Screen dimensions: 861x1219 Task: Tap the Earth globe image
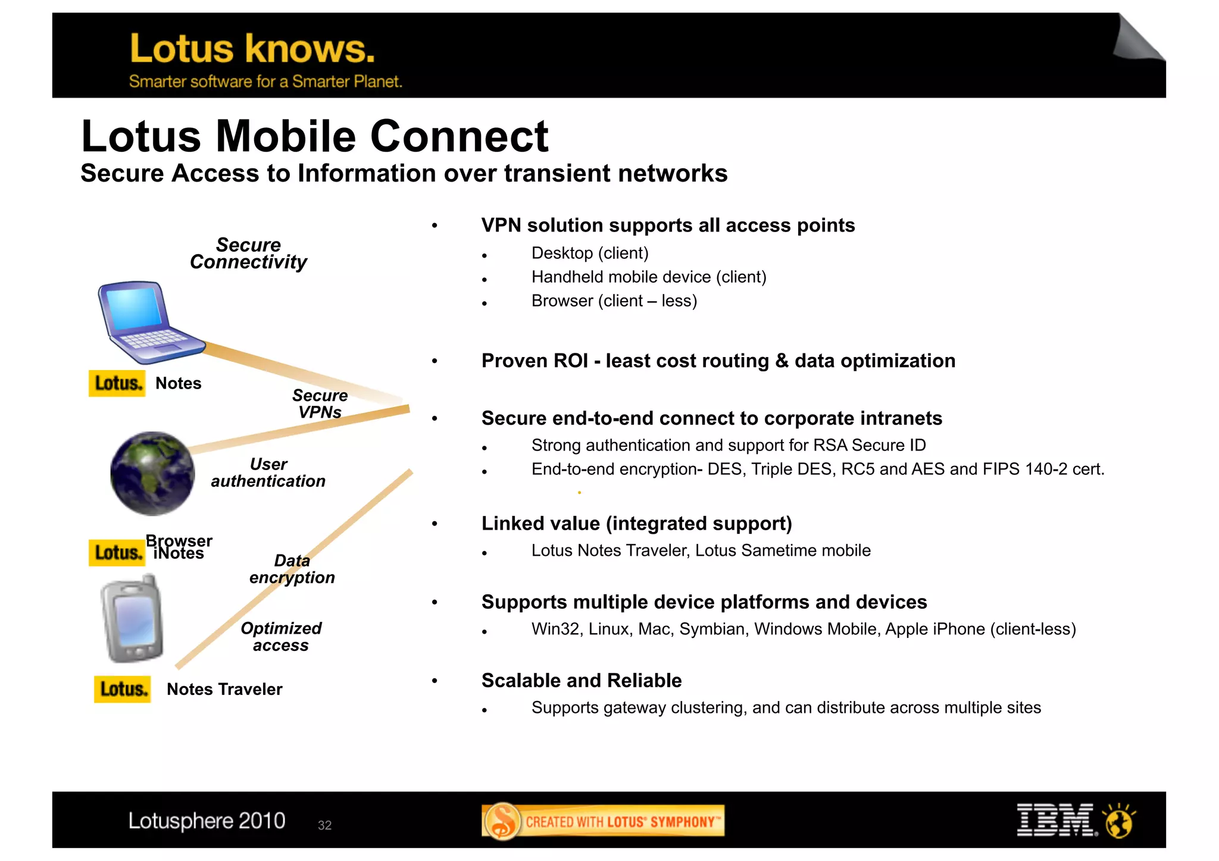click(153, 474)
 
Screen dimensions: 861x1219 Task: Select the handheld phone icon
click(133, 619)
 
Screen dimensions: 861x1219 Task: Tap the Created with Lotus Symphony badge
click(603, 821)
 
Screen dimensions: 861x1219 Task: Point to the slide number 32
click(324, 825)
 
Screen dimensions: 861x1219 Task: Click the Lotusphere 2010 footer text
click(207, 821)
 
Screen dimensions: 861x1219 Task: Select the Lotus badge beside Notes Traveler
click(122, 689)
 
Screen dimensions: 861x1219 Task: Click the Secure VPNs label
click(320, 404)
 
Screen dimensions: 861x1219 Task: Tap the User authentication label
click(268, 472)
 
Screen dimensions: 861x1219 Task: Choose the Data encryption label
click(292, 569)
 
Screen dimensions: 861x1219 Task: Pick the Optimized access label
click(281, 637)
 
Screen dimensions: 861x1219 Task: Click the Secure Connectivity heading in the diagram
click(248, 253)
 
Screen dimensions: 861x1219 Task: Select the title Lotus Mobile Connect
click(314, 137)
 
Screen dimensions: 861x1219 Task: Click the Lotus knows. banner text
click(252, 49)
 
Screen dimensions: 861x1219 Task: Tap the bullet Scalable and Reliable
click(581, 681)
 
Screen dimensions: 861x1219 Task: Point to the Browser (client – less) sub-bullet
click(614, 301)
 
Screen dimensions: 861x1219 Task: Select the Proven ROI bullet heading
click(718, 361)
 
